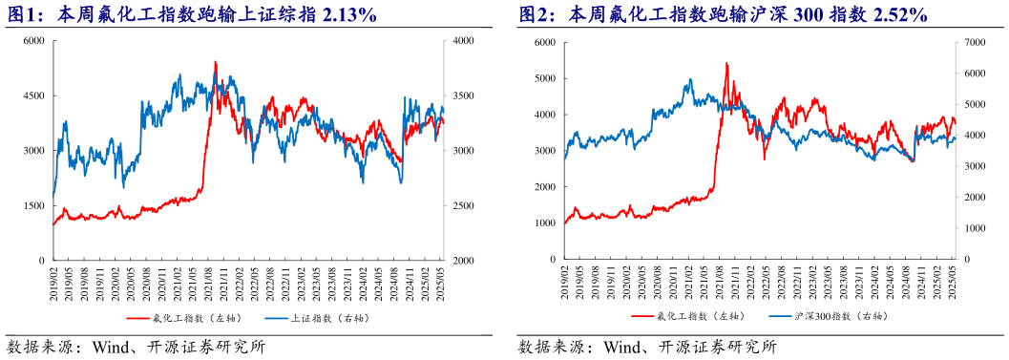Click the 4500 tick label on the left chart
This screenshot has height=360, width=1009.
[x=33, y=96]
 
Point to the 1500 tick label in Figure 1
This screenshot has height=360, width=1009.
[x=33, y=205]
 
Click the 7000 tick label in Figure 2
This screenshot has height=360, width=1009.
[x=975, y=42]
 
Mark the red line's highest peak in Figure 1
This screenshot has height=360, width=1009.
[x=215, y=62]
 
